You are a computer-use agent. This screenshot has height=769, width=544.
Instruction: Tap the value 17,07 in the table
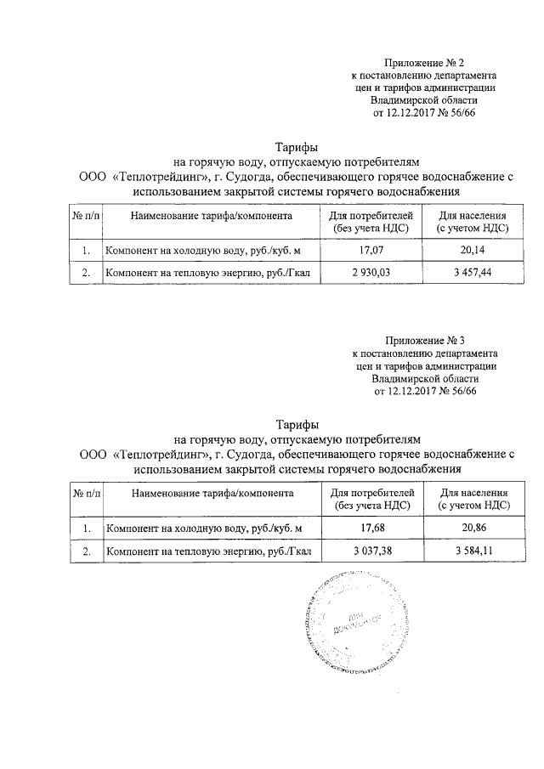point(371,251)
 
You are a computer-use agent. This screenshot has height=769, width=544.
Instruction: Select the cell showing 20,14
point(473,251)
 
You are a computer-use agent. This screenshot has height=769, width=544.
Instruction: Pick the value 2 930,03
point(371,273)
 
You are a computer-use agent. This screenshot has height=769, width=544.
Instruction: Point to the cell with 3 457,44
point(473,273)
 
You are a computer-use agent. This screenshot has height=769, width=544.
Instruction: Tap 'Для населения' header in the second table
point(473,492)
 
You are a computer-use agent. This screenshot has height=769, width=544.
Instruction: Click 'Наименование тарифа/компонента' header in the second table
point(212,493)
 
